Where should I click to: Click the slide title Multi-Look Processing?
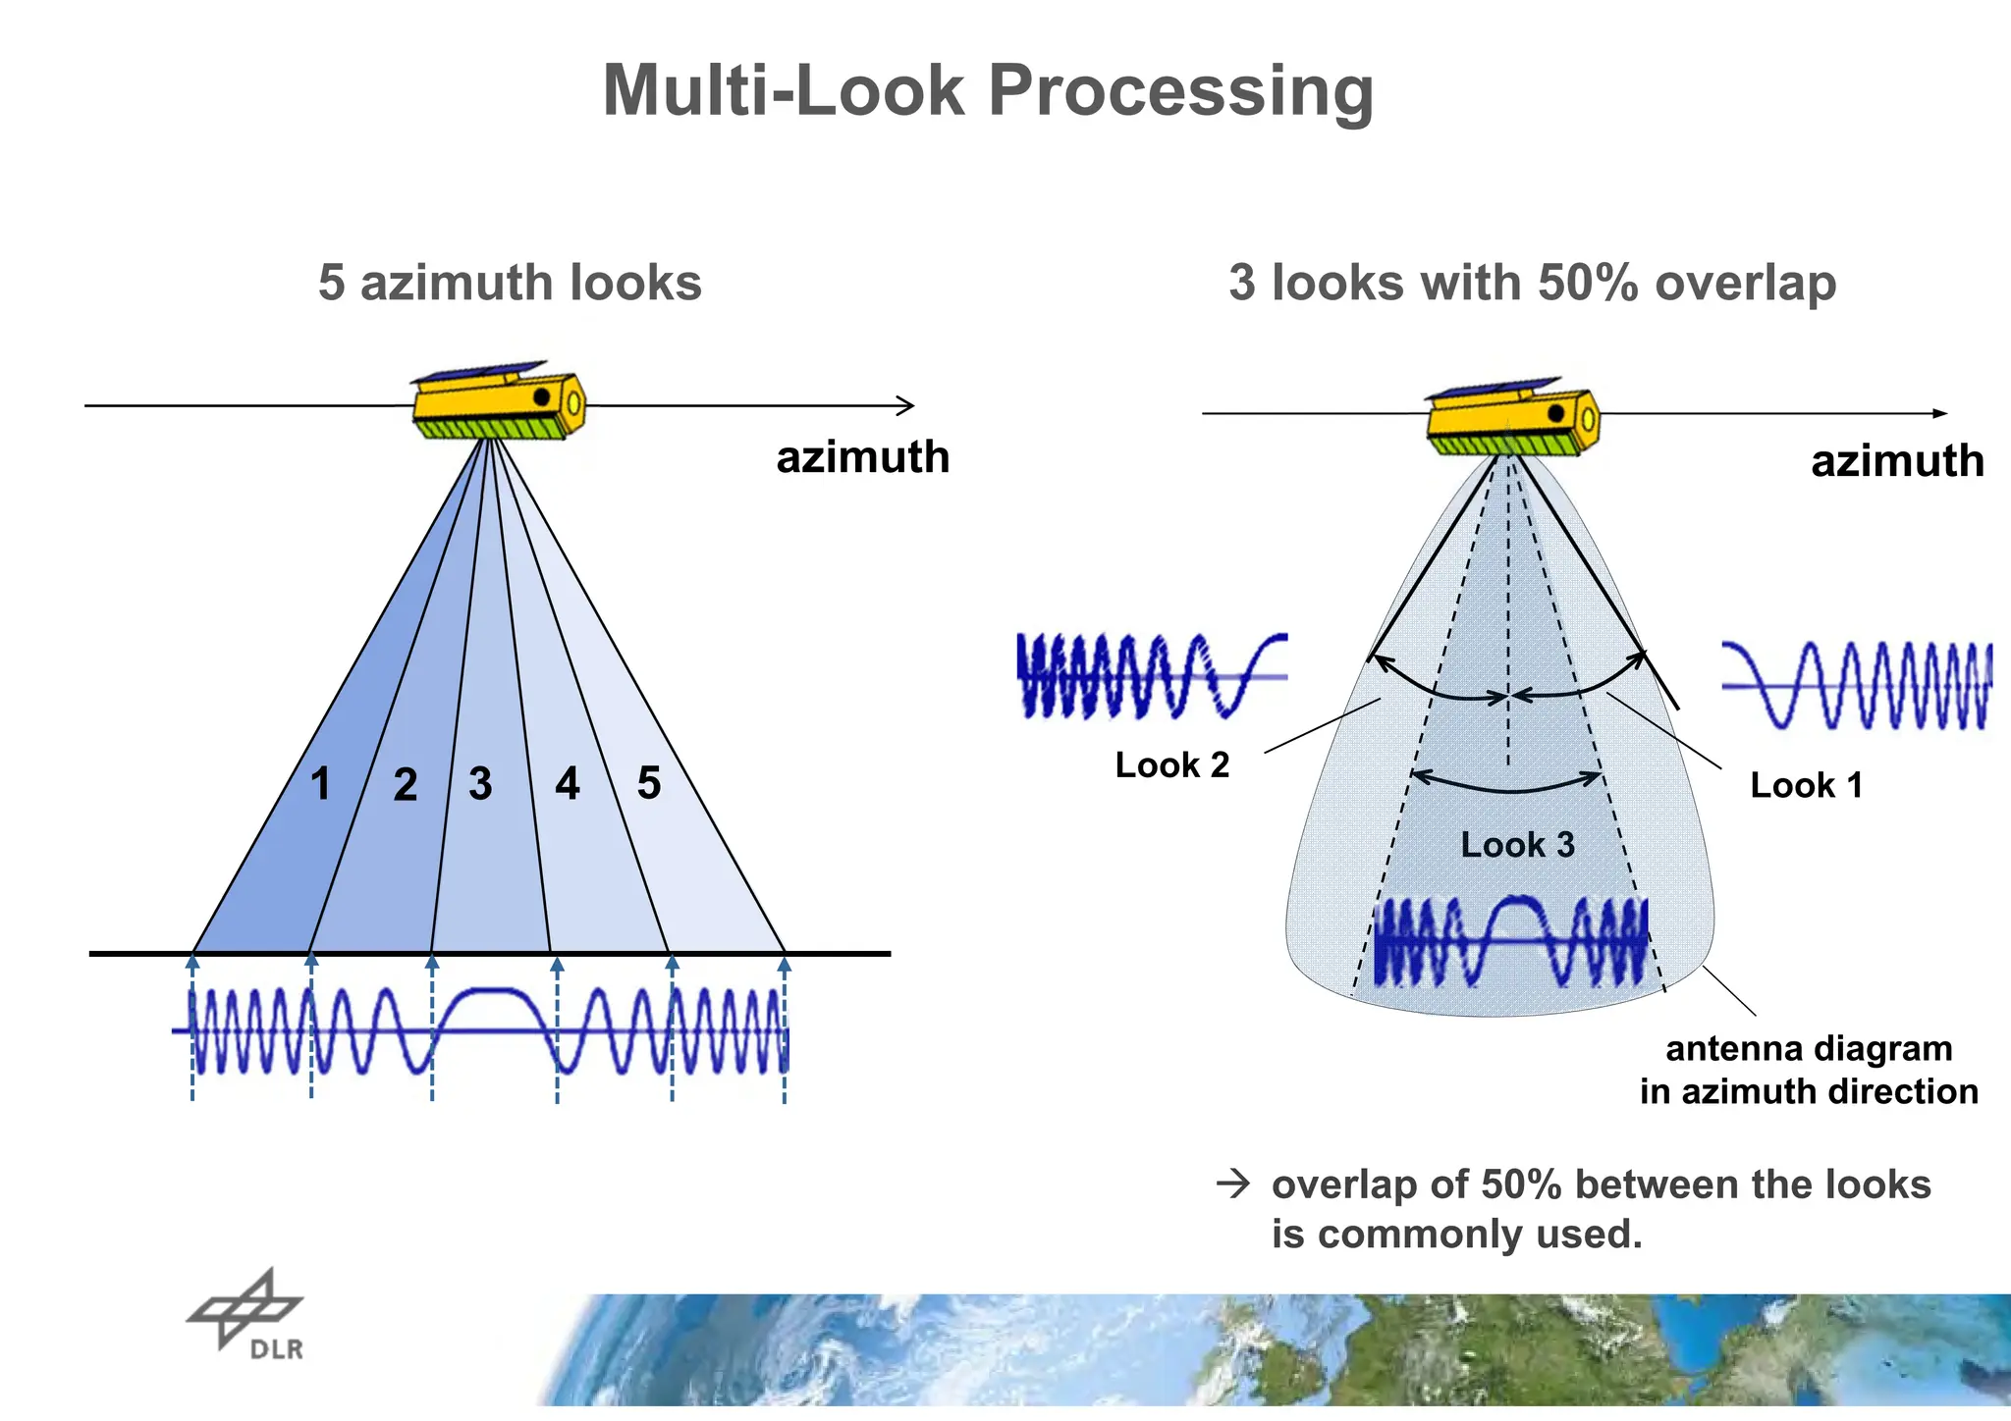987,90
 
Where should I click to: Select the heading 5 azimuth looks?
510,283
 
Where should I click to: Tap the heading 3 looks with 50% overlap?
1532,283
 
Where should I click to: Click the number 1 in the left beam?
320,784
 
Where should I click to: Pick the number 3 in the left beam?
479,783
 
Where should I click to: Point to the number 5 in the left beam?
648,782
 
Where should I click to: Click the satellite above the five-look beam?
499,400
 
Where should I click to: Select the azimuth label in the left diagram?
862,457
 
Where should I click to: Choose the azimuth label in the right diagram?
1896,461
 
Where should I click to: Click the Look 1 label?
1806,785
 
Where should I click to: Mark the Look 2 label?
1171,764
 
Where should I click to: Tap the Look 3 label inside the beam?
1517,844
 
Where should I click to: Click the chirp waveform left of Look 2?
1151,675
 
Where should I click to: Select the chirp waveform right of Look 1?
1856,685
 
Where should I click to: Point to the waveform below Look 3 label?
1510,941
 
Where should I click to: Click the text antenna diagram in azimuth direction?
1808,1070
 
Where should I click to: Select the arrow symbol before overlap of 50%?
1232,1184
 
